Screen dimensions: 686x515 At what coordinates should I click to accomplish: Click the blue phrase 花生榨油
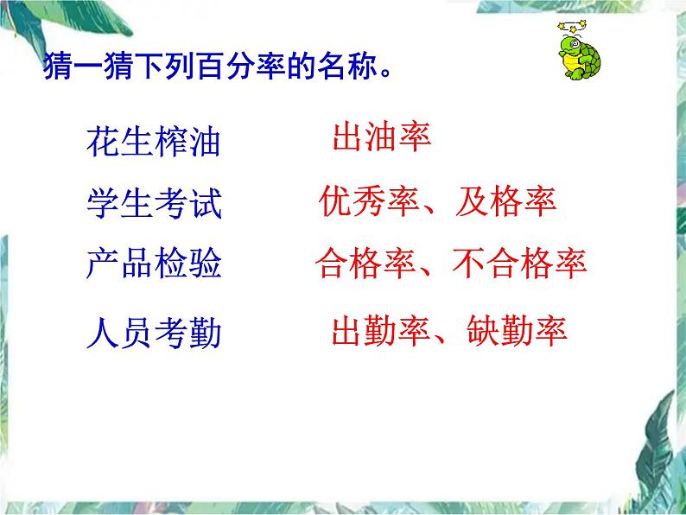pos(153,142)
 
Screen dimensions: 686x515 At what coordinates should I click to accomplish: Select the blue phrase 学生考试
pos(154,203)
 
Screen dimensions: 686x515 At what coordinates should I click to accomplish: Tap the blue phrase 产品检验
pos(154,263)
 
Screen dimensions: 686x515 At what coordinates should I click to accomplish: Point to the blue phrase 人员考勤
pos(154,333)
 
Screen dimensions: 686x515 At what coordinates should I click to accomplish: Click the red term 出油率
pos(382,137)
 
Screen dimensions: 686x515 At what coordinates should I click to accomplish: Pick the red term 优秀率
pos(369,200)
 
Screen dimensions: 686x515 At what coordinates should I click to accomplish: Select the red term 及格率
pos(505,200)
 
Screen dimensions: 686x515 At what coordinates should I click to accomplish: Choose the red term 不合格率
pos(519,263)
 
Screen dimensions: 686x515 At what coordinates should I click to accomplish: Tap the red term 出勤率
pos(382,330)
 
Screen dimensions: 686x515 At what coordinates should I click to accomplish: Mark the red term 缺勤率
pos(518,330)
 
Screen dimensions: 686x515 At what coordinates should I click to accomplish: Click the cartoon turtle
pos(579,51)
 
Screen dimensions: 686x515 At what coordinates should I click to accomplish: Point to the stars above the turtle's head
pos(572,26)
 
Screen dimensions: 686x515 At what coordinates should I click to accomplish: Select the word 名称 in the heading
pos(347,67)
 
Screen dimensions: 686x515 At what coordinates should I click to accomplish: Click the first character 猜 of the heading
pos(58,67)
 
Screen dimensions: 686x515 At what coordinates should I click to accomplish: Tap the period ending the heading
pos(385,73)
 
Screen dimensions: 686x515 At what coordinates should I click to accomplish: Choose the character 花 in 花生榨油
pos(103,142)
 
